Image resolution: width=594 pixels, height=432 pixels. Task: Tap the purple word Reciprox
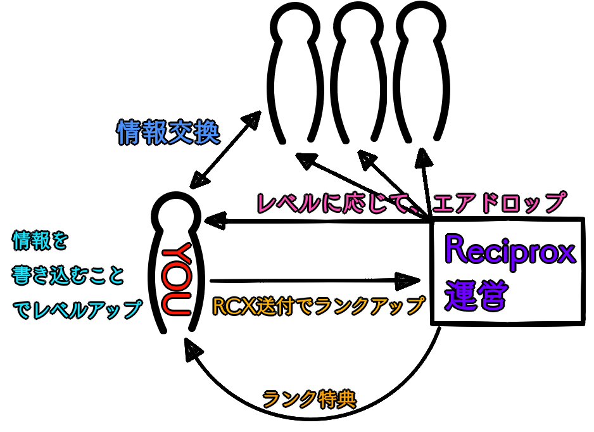click(509, 252)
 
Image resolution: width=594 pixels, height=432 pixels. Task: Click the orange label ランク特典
click(309, 398)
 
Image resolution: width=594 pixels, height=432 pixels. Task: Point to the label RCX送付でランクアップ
click(319, 306)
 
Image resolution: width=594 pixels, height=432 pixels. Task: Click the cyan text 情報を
click(39, 241)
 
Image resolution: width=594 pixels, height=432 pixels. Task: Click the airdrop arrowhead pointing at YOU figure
click(213, 221)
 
